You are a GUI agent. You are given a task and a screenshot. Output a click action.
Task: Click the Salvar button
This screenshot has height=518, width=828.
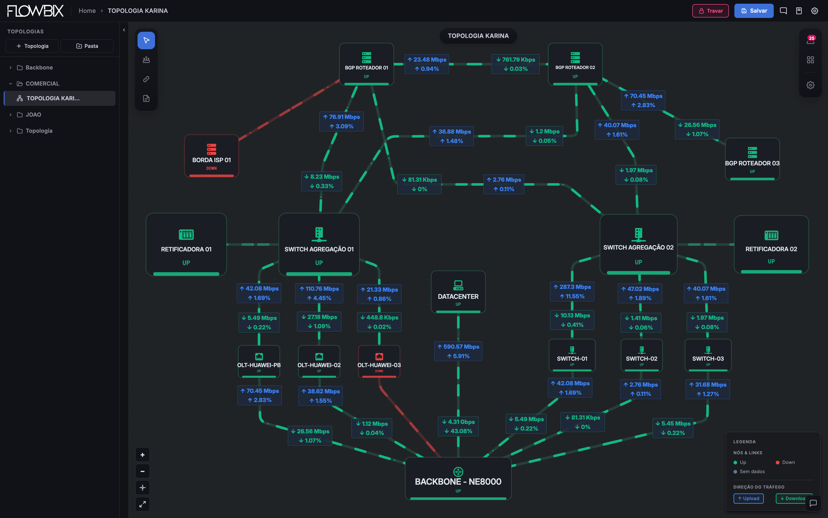pyautogui.click(x=754, y=11)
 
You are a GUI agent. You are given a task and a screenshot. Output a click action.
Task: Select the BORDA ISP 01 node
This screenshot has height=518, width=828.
pyautogui.click(x=211, y=156)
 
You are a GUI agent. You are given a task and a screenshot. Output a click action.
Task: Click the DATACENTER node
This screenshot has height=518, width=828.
pyautogui.click(x=458, y=292)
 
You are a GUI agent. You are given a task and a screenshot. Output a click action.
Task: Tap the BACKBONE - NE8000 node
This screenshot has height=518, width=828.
pyautogui.click(x=458, y=479)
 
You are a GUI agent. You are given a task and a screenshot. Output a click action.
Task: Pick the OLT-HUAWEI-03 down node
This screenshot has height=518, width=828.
pyautogui.click(x=379, y=361)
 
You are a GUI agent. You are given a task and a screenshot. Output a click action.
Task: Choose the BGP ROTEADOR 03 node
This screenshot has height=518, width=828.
pyautogui.click(x=752, y=159)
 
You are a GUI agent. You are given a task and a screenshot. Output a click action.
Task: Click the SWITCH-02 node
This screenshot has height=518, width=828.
pyautogui.click(x=642, y=355)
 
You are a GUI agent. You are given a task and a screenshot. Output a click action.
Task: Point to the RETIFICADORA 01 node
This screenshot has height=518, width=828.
pyautogui.click(x=186, y=244)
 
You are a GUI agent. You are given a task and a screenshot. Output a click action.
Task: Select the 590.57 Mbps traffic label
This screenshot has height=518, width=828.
pyautogui.click(x=458, y=351)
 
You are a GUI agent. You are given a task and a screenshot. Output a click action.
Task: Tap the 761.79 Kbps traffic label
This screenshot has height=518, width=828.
pyautogui.click(x=516, y=64)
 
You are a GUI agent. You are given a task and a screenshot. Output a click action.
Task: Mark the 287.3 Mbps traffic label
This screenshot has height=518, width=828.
pyautogui.click(x=572, y=291)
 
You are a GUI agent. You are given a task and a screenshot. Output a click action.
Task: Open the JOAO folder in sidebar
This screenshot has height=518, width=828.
pyautogui.click(x=33, y=114)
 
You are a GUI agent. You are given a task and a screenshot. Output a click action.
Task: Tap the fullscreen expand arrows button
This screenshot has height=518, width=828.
pyautogui.click(x=143, y=504)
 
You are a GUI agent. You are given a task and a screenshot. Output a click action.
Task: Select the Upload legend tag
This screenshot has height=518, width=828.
pyautogui.click(x=748, y=498)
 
